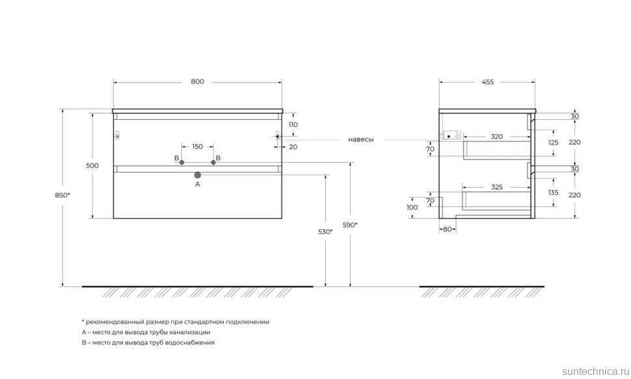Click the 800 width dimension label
(198, 82)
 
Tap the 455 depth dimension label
(487, 82)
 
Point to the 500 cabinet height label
(92, 165)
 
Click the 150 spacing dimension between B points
(198, 147)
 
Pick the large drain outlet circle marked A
(198, 175)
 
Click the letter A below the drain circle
(198, 184)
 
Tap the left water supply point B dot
(182, 162)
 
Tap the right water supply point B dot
(213, 162)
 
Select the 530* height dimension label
(326, 231)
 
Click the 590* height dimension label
(351, 225)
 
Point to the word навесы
(360, 139)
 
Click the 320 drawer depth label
(497, 137)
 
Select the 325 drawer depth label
(497, 188)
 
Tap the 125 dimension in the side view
(554, 142)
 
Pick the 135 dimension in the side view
(554, 193)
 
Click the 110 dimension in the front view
(293, 124)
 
